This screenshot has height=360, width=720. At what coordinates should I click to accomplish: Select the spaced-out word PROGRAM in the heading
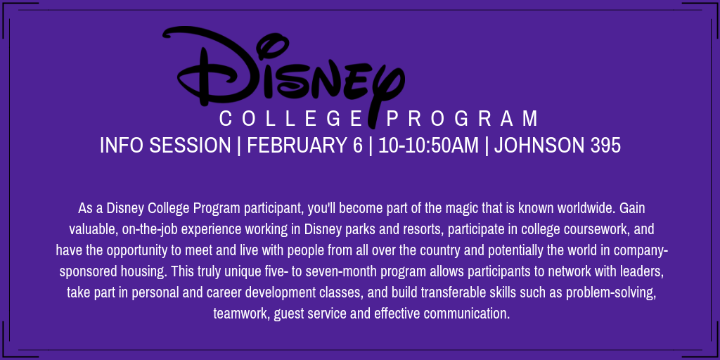click(x=462, y=118)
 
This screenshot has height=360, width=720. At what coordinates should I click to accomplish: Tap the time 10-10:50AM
click(x=428, y=146)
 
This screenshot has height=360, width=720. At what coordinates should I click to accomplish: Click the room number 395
click(x=605, y=146)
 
